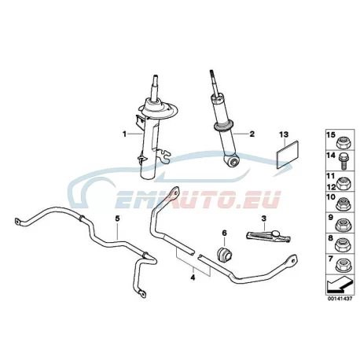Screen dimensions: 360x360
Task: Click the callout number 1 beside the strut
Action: tap(124, 134)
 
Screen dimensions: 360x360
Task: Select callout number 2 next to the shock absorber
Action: tap(252, 134)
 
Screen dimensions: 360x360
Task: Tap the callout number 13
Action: tap(284, 134)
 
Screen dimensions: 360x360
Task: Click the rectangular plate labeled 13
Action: tap(287, 155)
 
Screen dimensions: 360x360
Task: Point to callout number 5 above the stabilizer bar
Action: tap(117, 218)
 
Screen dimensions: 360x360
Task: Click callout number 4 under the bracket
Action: tap(193, 277)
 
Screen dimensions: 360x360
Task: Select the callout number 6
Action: tap(225, 233)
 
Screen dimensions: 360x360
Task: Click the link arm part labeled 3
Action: tap(268, 235)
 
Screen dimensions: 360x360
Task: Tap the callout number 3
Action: tap(263, 218)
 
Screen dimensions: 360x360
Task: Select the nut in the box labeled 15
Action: tap(342, 143)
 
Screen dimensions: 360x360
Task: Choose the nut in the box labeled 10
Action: tap(342, 204)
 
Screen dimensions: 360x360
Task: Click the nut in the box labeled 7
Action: tap(342, 266)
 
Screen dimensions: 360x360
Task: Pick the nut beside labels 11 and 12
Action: tap(342, 183)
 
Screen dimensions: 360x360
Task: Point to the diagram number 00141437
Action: tap(340, 299)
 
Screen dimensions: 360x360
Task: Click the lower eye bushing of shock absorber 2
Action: tap(232, 160)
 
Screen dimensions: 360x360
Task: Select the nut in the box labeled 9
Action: tap(342, 226)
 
